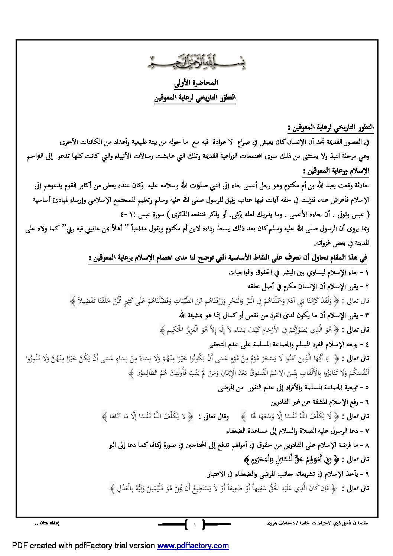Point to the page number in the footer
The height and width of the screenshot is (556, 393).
pyautogui.click(x=195, y=524)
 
